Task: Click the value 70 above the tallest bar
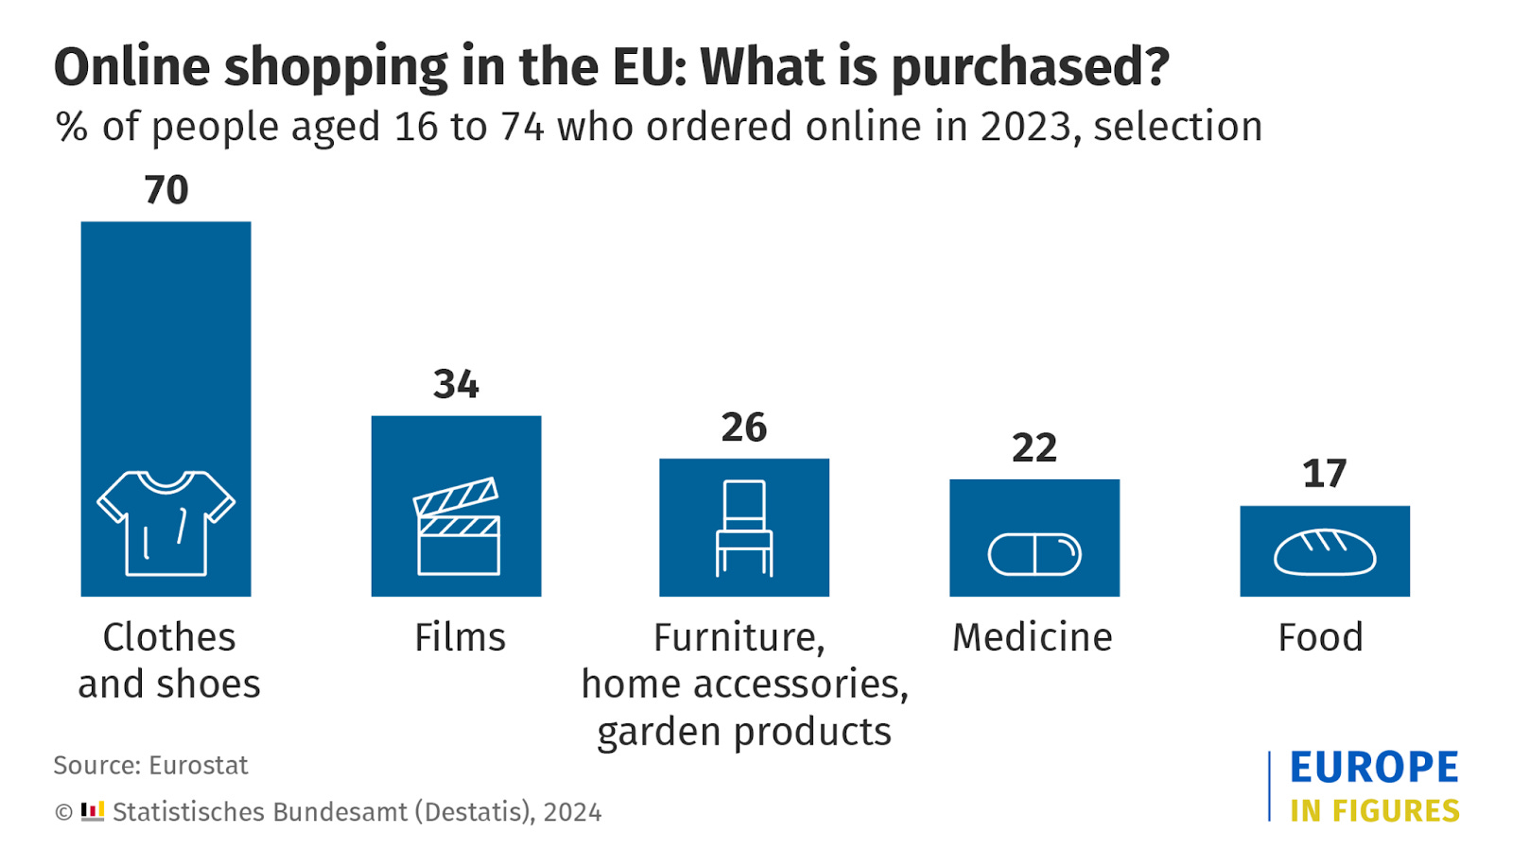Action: tap(166, 190)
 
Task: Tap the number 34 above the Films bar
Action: tap(456, 384)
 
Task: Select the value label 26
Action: tap(744, 427)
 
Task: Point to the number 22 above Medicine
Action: tap(1035, 448)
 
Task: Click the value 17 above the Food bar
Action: tap(1324, 474)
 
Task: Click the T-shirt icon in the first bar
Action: tap(166, 523)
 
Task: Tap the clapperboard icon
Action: tap(458, 527)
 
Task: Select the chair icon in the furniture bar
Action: tap(744, 528)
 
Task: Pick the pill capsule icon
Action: tap(1035, 554)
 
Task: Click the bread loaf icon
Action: tap(1324, 552)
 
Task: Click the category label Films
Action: tap(460, 637)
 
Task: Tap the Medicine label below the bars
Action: tap(1033, 637)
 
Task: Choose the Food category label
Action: tap(1321, 637)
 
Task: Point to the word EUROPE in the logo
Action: tap(1374, 768)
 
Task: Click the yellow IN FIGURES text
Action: tap(1374, 811)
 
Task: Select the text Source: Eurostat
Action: tap(150, 765)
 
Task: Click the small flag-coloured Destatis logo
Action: tap(93, 811)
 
